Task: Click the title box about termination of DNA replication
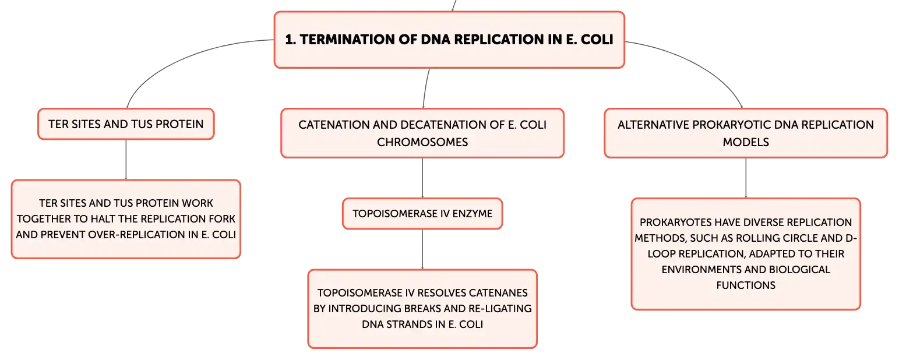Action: point(449,40)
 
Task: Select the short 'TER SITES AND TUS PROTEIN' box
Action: point(126,124)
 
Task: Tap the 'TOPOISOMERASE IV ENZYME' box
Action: point(422,214)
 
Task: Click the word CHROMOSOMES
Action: point(422,142)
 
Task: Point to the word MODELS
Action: point(746,142)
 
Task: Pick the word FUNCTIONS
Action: point(746,285)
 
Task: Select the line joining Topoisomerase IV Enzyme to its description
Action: point(422,249)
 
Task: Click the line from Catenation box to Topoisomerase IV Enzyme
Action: point(422,178)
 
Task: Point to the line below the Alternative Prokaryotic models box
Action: point(746,178)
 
